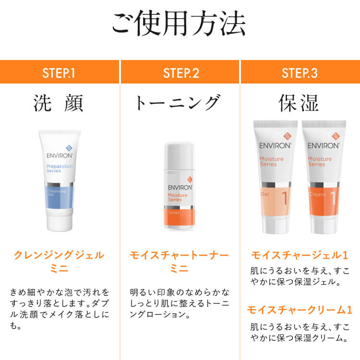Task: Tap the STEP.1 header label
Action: [x=59, y=73]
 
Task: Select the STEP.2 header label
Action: [x=180, y=73]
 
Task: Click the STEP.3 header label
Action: [x=300, y=73]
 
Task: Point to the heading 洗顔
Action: [x=59, y=103]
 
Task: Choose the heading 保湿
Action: [x=299, y=103]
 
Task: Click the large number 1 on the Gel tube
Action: [x=285, y=198]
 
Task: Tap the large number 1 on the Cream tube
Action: [x=333, y=198]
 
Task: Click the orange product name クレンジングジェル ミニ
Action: [x=59, y=262]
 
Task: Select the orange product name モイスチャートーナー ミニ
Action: [x=180, y=262]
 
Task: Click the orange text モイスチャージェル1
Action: [x=300, y=255]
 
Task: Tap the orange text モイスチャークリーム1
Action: [x=300, y=310]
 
